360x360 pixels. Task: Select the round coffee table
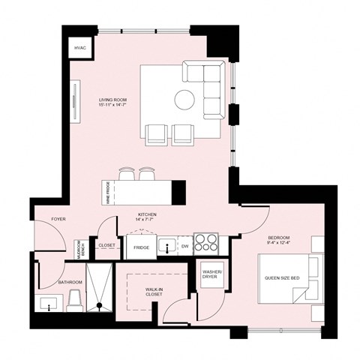(184, 99)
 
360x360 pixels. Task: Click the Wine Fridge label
(108, 193)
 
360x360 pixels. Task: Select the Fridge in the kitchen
(141, 247)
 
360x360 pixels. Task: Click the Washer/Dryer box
(209, 274)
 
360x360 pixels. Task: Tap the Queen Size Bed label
(282, 279)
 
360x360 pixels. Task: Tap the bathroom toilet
(74, 301)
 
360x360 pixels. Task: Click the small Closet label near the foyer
(107, 245)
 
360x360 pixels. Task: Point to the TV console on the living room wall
(75, 101)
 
